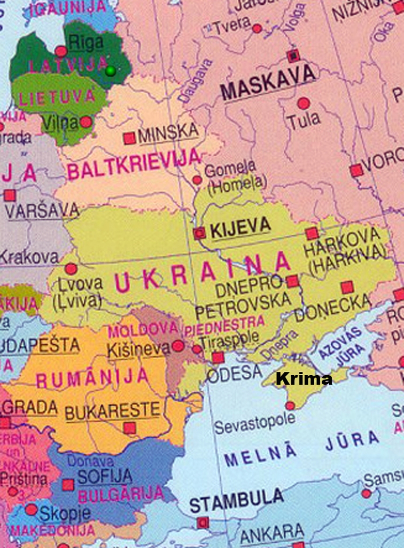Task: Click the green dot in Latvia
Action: pos(111,71)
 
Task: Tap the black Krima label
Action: pos(303,379)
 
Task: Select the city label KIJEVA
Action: pos(240,228)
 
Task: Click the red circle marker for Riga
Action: pos(61,51)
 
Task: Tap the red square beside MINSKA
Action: pos(129,138)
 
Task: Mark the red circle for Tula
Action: pos(304,103)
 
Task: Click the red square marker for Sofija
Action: pos(68,485)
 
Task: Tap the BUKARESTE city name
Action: pos(112,412)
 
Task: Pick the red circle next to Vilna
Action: pos(86,122)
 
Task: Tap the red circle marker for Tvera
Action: pos(257,28)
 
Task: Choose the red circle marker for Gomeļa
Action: pos(197,180)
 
